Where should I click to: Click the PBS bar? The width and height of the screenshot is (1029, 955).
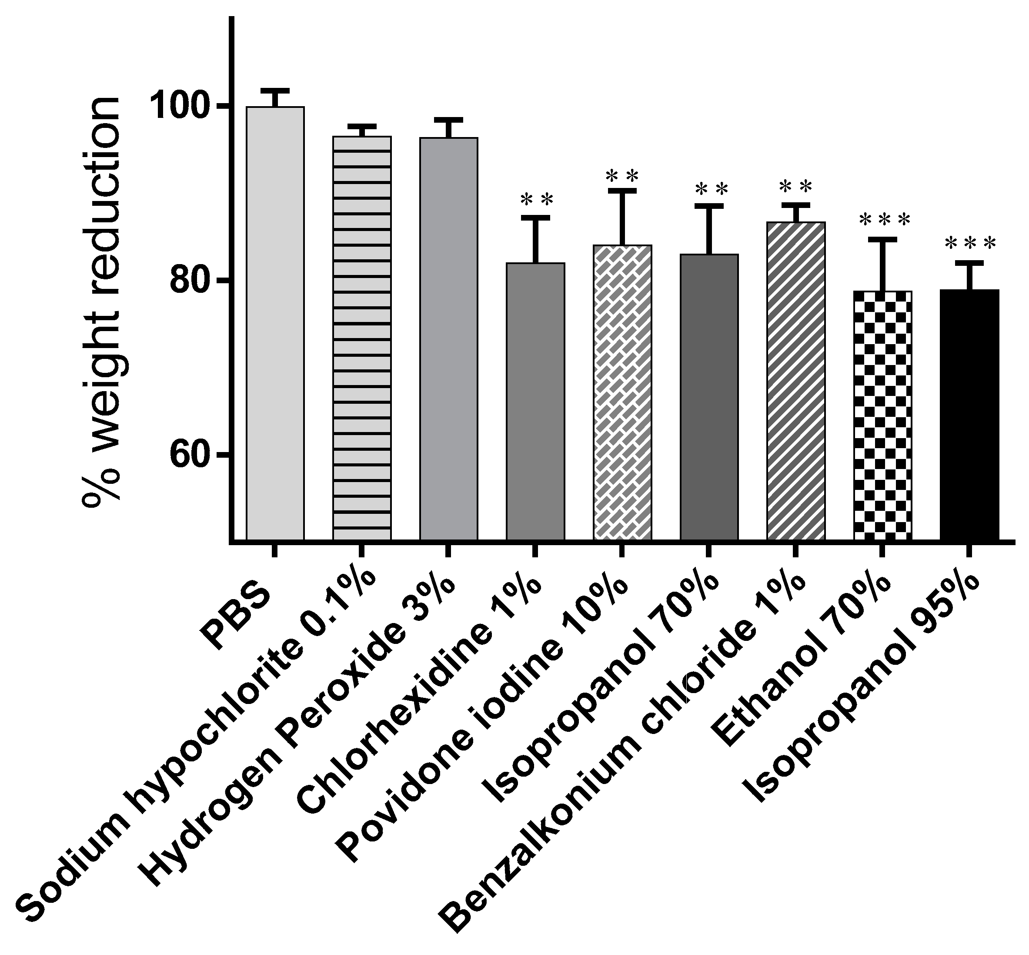point(275,323)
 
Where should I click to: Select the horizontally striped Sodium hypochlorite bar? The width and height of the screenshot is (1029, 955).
point(361,338)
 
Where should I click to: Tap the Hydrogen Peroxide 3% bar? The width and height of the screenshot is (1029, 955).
point(448,338)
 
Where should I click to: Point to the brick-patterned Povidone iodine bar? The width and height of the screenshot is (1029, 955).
point(622,393)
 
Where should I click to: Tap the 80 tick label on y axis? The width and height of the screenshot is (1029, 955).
point(191,281)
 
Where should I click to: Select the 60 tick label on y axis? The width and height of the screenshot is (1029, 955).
point(191,455)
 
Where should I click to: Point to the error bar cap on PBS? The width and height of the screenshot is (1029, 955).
point(275,90)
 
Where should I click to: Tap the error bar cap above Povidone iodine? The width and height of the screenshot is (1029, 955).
point(622,191)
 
